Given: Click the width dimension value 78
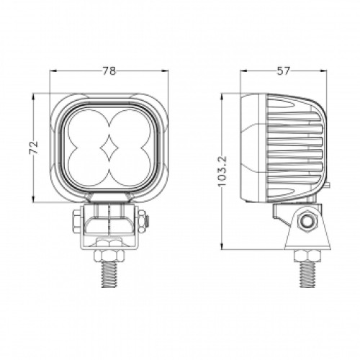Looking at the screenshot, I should pyautogui.click(x=109, y=71).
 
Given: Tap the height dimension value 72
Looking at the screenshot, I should pyautogui.click(x=32, y=148).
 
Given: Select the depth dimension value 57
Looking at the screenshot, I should pyautogui.click(x=284, y=71).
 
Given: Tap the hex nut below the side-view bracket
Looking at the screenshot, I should pyautogui.click(x=307, y=256).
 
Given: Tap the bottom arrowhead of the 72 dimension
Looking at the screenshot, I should pyautogui.click(x=39, y=199).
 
